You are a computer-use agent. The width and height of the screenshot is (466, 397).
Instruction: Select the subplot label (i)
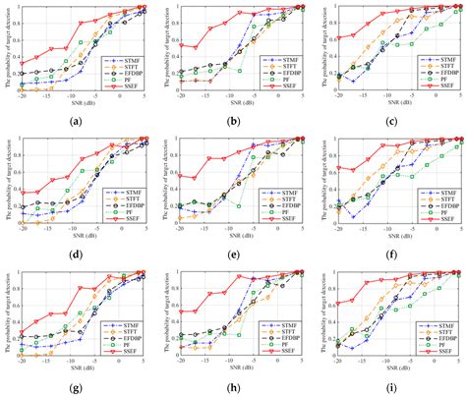(390, 387)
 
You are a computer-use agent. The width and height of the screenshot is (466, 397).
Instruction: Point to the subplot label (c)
(390, 122)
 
